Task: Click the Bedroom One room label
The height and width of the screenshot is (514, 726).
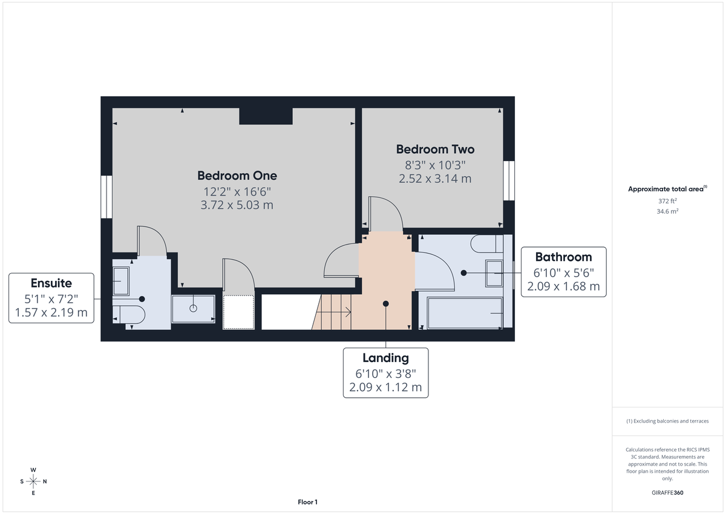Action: tap(237, 176)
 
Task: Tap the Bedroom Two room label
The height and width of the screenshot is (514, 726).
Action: tap(435, 149)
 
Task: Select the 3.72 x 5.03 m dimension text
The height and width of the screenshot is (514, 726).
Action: tap(237, 205)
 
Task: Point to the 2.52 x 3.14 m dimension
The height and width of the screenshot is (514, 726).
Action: tap(435, 179)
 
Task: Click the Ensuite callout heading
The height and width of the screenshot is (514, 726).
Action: tap(51, 283)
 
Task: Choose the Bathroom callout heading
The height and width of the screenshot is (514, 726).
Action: tap(563, 257)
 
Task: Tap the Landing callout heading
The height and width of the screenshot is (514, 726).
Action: tap(385, 358)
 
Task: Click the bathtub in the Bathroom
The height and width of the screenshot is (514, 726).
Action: tap(465, 312)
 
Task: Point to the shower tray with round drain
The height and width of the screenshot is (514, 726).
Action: tap(194, 308)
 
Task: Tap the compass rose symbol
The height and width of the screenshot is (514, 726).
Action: tap(33, 481)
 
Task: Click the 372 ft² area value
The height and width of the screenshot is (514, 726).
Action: tap(667, 200)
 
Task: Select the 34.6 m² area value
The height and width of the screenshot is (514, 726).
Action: tap(667, 211)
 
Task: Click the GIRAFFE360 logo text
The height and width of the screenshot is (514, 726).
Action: tap(667, 493)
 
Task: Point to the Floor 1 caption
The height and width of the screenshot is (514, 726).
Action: tap(307, 502)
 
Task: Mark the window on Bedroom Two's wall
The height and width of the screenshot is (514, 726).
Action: tap(509, 180)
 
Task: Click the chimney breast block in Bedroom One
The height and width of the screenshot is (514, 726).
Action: tap(266, 116)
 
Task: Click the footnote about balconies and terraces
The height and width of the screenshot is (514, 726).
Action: tap(667, 421)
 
